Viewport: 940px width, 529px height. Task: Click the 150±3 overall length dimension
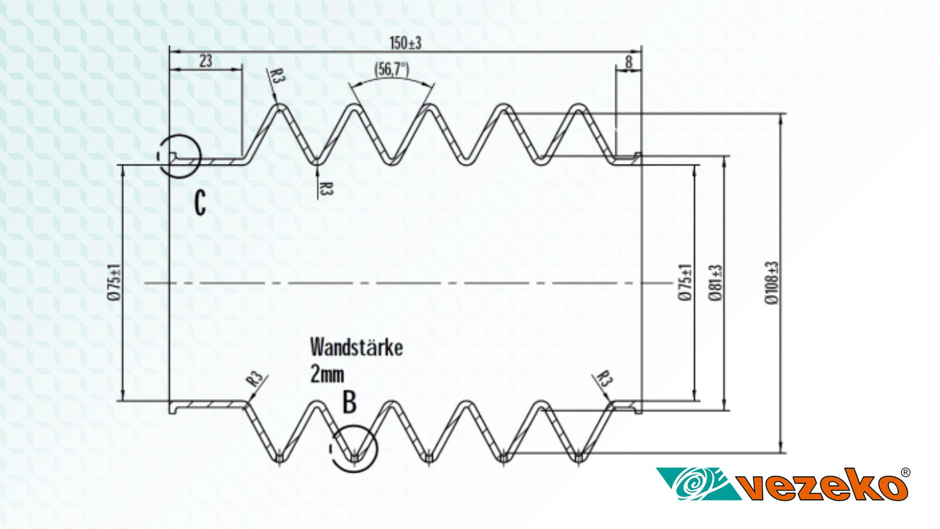405,43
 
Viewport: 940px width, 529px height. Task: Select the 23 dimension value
206,61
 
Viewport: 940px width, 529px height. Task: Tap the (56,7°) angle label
392,69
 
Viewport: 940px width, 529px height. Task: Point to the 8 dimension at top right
629,62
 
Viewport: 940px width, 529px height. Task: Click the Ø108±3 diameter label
772,283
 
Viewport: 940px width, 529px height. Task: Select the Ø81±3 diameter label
715,283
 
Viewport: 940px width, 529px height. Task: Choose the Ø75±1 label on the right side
685,283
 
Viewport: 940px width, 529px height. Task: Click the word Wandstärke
356,347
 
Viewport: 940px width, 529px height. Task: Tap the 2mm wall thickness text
327,374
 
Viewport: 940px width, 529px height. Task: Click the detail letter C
200,203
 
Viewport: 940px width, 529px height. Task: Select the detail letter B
350,403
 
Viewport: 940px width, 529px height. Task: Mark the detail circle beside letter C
179,156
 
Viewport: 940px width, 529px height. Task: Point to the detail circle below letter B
354,448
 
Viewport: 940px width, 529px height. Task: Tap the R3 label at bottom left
254,379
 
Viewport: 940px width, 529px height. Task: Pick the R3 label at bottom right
605,378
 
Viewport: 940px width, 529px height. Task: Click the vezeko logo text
822,486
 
